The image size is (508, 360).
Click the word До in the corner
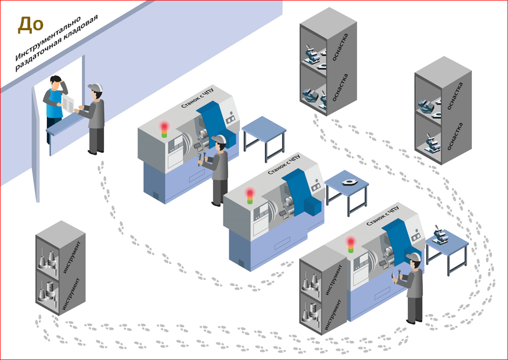(30, 25)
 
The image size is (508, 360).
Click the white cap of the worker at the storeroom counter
(95, 87)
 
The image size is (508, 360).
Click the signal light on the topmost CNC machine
(164, 130)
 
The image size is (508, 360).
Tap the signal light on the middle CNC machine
(250, 196)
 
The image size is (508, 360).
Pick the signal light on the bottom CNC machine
(351, 245)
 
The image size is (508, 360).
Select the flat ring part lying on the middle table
(349, 182)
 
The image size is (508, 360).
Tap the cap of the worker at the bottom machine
(414, 257)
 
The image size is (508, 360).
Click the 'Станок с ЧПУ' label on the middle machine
(284, 165)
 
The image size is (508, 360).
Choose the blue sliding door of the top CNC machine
(215, 121)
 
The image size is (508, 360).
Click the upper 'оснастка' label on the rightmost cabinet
(455, 96)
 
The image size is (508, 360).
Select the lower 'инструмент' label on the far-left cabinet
(71, 295)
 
